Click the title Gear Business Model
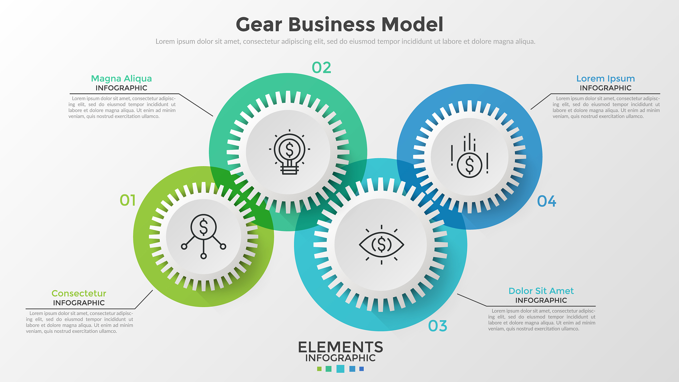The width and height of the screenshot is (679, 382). point(339,25)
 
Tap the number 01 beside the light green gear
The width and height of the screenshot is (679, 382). point(128,200)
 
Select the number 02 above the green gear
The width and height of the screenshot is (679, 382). point(321,68)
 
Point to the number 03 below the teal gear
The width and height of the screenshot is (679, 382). point(438,326)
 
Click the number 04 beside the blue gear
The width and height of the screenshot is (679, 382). point(547,201)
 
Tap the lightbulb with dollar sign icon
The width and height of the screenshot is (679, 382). point(289,152)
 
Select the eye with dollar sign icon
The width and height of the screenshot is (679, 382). point(382,245)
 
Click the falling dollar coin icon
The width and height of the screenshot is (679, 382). point(469,156)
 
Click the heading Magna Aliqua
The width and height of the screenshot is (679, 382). point(121,79)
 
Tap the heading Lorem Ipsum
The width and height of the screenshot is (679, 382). point(605,79)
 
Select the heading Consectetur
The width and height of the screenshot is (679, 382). point(79,293)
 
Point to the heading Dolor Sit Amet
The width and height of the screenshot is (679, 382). point(541,291)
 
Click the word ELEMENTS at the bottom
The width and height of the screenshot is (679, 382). point(340,347)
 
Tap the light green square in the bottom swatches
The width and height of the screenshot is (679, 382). point(319,369)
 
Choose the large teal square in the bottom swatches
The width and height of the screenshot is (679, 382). point(340,369)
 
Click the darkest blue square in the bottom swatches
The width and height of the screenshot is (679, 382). point(362,369)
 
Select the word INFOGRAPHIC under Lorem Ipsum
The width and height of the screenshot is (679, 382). point(605,88)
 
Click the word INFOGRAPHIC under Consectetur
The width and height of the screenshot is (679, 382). point(79,303)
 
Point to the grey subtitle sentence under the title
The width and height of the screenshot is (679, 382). point(345,41)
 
